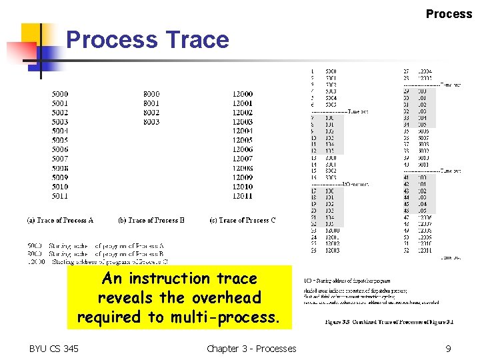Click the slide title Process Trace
tap(147, 40)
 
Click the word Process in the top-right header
tap(449, 14)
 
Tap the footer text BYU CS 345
tap(53, 348)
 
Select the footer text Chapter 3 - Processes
tap(251, 348)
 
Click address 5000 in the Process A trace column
tap(60, 95)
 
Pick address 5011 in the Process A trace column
tap(60, 197)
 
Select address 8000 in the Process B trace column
tap(151, 95)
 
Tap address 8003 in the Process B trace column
tap(151, 123)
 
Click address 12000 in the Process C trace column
tap(243, 95)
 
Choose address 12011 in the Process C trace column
tap(243, 197)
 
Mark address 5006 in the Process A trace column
tap(60, 150)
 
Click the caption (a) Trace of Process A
tap(60, 220)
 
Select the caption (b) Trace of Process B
tap(151, 220)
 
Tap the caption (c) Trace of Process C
tap(243, 220)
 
